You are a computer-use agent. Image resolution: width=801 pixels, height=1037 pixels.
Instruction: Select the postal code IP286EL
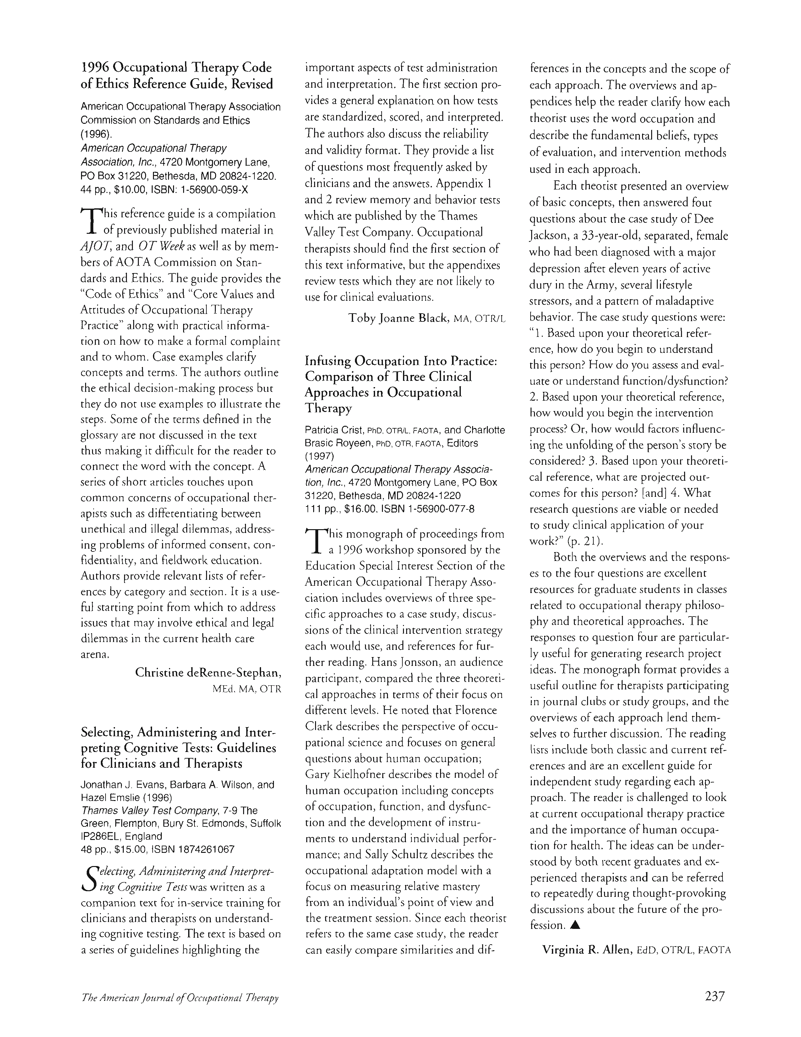point(105,836)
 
